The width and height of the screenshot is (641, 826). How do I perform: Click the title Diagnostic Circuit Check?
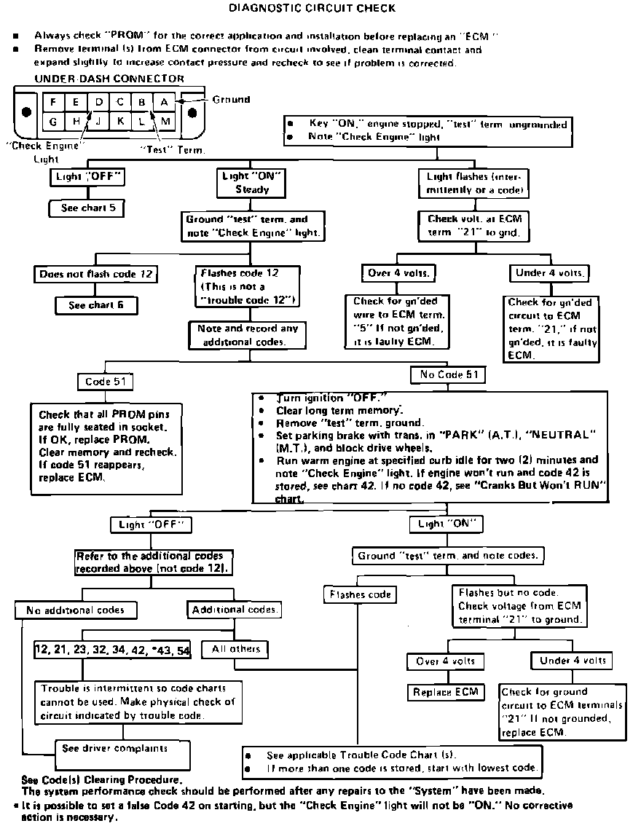(312, 9)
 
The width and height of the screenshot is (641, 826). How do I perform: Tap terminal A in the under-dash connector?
(165, 102)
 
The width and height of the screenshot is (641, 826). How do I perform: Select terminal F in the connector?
(55, 102)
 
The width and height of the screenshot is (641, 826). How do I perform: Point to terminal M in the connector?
(165, 121)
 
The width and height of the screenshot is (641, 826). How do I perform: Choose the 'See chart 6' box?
(95, 304)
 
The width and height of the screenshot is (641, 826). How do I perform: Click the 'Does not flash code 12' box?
(95, 275)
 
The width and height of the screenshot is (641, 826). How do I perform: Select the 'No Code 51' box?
(449, 375)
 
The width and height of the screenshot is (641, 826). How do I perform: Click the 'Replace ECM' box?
(446, 691)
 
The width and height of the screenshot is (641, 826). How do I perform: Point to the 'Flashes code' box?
(360, 594)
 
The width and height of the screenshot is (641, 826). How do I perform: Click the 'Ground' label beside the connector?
(231, 100)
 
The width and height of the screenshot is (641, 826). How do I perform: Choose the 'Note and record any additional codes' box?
(248, 335)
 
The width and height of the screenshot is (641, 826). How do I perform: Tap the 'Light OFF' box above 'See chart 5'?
(87, 177)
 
